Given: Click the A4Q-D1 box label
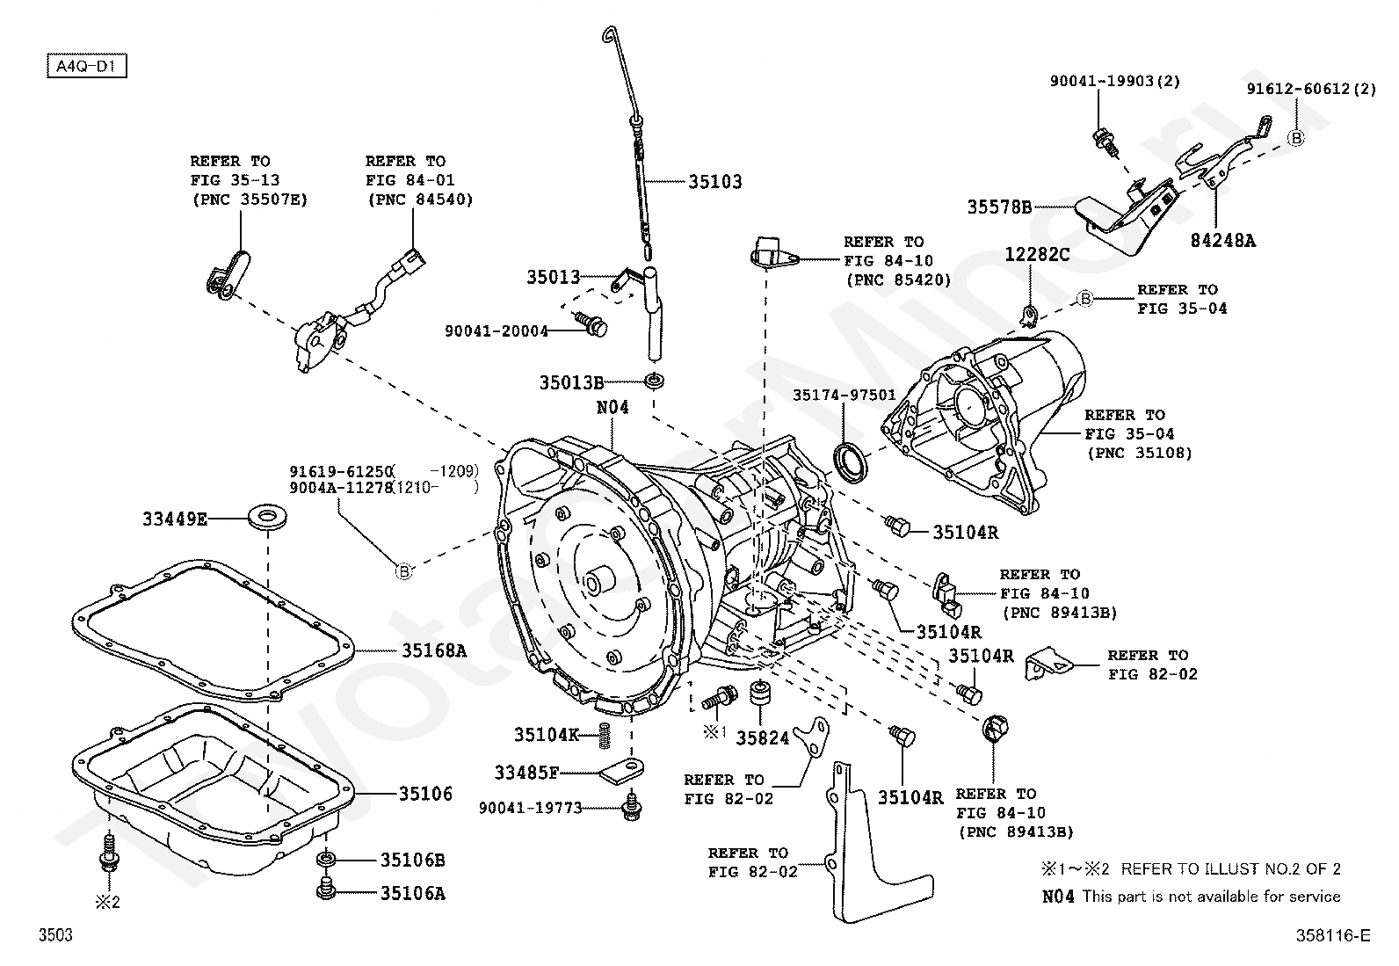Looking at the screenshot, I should click(x=87, y=66).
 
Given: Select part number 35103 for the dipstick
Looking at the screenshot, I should click(x=714, y=182).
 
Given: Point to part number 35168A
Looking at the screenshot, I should click(x=434, y=650).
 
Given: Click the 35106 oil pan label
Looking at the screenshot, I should click(x=425, y=794).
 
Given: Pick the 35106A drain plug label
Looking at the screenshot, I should click(x=412, y=893).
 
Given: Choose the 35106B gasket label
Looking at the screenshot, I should click(x=412, y=860).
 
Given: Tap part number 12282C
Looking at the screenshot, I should click(x=1037, y=255).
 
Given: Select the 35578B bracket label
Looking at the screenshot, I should click(x=999, y=207).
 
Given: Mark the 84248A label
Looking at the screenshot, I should click(x=1222, y=240).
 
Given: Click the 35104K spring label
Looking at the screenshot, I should click(x=547, y=734).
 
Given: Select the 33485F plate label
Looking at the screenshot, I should click(x=526, y=773).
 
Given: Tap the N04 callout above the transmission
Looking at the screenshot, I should click(x=613, y=408).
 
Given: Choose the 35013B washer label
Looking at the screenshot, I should click(x=571, y=382).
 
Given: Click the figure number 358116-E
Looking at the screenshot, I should click(x=1332, y=935).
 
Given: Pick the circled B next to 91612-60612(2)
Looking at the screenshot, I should click(x=1295, y=138).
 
